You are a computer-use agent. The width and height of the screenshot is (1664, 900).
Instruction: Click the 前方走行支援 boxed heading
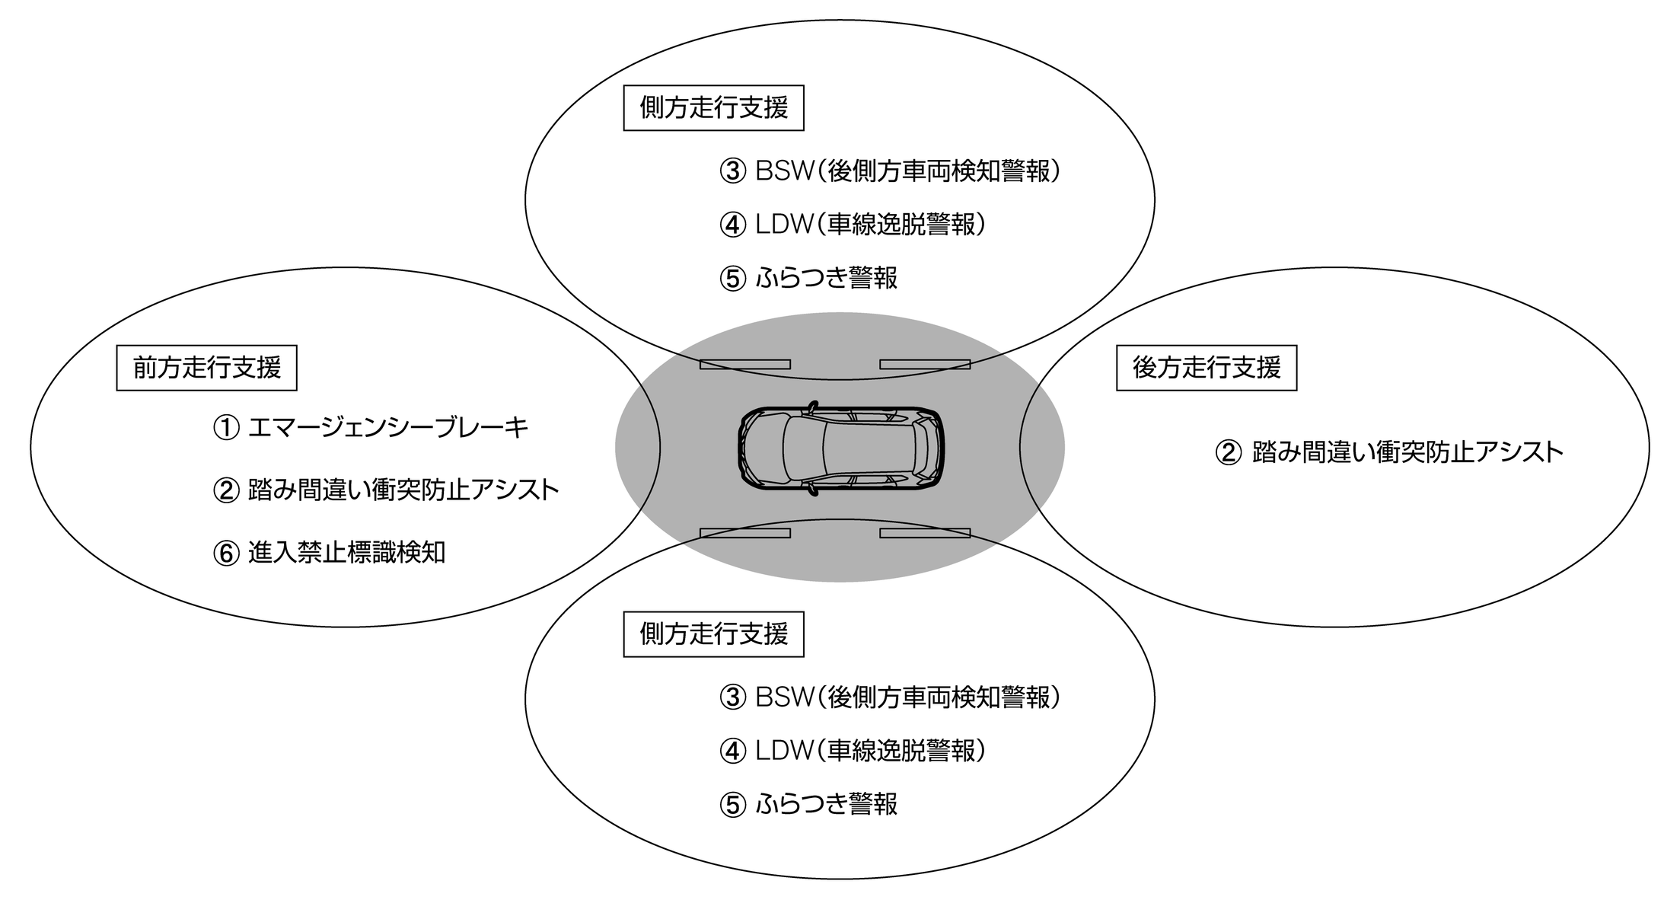click(206, 369)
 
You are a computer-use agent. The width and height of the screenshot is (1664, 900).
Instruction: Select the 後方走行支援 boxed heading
click(1206, 369)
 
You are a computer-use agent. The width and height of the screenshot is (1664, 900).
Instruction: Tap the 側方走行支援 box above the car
click(713, 108)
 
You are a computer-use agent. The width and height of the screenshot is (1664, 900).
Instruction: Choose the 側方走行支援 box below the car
click(713, 634)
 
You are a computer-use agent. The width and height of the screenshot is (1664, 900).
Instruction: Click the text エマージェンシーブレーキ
click(388, 428)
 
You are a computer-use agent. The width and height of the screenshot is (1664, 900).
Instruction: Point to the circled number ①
click(226, 429)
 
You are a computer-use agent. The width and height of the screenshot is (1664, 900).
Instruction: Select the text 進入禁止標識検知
click(346, 553)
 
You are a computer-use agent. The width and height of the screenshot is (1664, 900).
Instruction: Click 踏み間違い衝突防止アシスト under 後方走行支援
click(1407, 453)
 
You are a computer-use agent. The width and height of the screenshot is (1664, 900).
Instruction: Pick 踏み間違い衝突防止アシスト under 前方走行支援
click(403, 490)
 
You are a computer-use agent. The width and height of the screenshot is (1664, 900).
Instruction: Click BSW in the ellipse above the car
click(785, 171)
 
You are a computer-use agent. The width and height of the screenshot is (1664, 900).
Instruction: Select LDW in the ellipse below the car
click(785, 752)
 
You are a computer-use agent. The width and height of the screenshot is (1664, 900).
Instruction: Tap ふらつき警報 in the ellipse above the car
click(827, 278)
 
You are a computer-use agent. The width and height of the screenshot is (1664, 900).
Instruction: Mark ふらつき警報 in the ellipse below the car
click(827, 805)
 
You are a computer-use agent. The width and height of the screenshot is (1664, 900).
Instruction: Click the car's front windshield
click(795, 447)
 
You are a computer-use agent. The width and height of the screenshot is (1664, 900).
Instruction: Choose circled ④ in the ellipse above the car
click(732, 225)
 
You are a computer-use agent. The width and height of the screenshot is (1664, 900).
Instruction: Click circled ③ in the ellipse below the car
click(732, 698)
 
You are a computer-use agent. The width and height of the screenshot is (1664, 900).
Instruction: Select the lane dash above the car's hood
click(744, 365)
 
